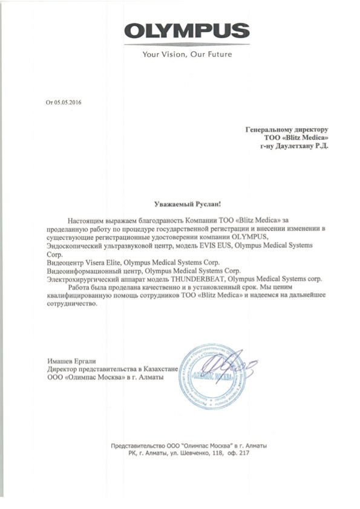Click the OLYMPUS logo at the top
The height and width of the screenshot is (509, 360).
188,32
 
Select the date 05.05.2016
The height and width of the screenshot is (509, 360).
67,103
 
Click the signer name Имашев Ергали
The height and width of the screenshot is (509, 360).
68,361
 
